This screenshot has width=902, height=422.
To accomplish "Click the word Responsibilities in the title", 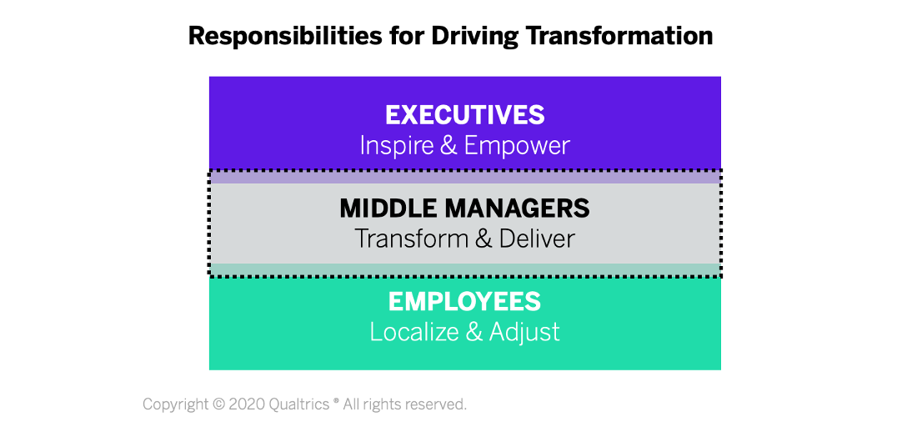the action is pos(285,36).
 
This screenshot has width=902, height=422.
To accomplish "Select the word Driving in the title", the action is pos(474,36).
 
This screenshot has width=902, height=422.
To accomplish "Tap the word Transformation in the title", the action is pos(619,35).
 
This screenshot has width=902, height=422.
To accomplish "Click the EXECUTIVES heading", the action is pos(465,115).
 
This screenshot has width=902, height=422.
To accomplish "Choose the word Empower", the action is pos(517,146).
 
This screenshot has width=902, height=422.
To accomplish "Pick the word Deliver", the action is pos(538,239).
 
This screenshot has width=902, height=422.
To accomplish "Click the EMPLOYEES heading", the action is pos(465,302).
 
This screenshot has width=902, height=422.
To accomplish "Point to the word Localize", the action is pos(413,332).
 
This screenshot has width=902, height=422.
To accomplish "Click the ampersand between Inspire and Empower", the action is pos(448,146).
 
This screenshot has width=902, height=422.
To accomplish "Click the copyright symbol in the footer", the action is pos(218,404).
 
